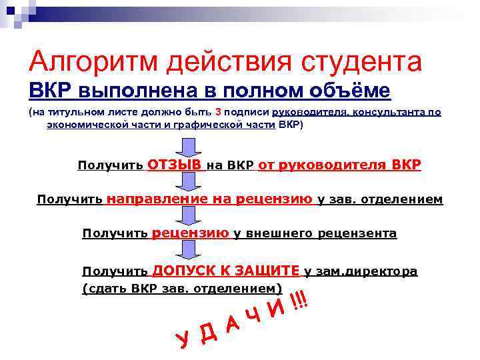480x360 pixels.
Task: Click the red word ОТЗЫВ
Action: [x=175, y=165]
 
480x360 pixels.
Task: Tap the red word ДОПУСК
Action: [x=182, y=270]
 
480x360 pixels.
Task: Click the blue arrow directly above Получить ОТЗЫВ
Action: [x=187, y=145]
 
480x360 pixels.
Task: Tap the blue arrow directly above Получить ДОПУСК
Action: [x=187, y=252]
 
